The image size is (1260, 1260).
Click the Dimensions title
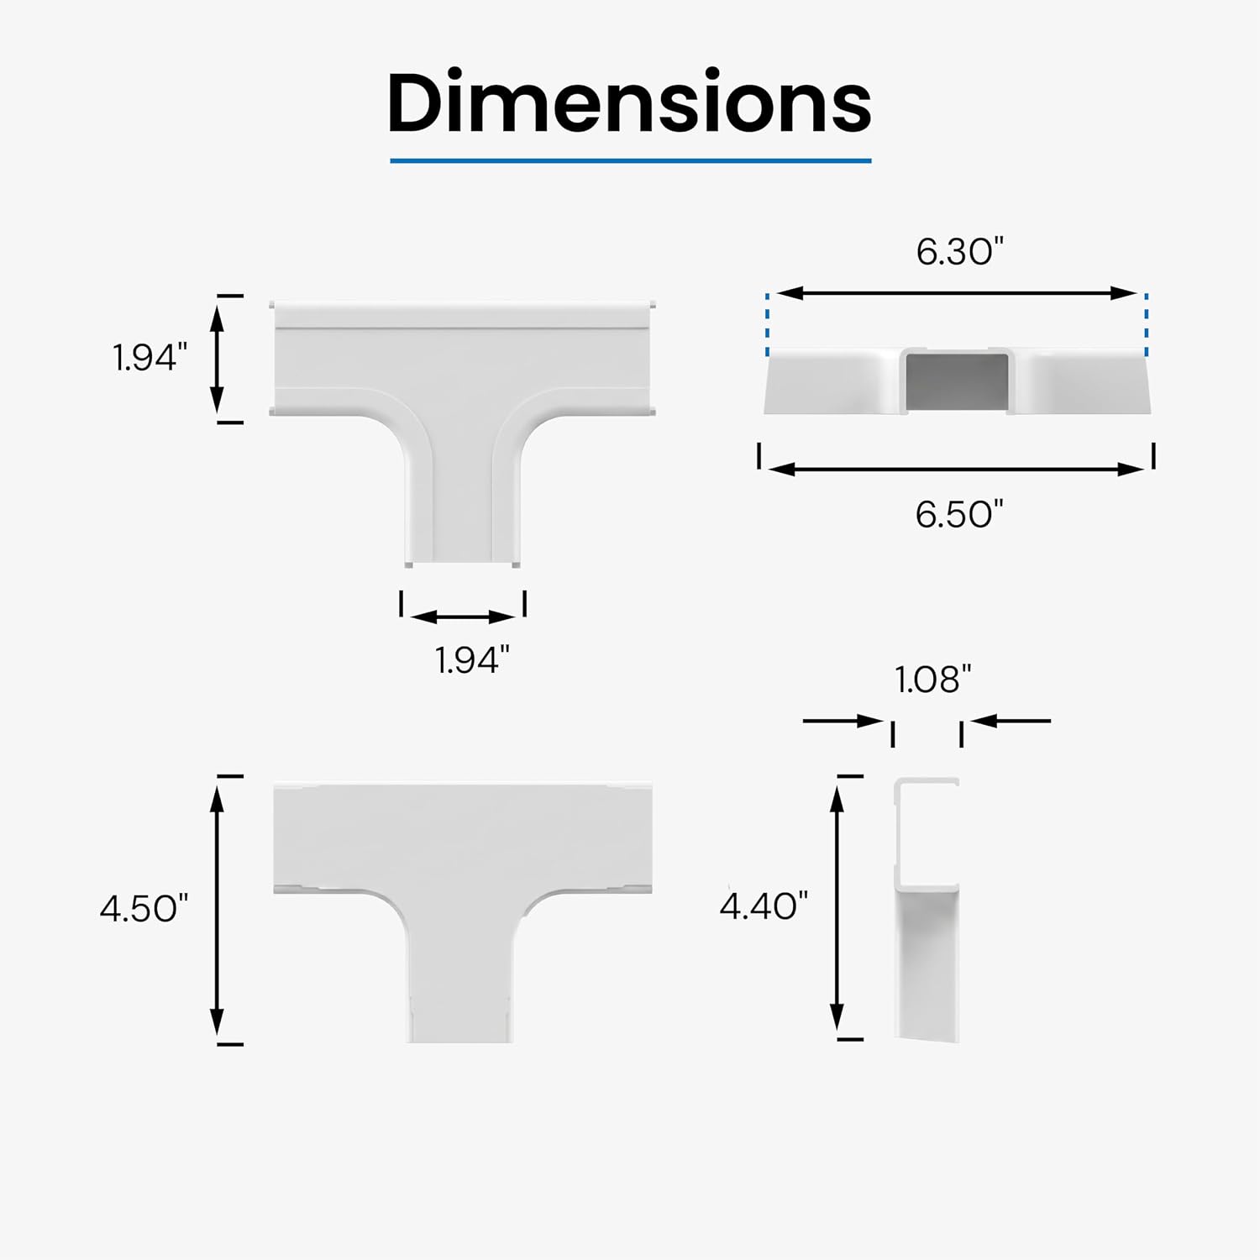(x=629, y=102)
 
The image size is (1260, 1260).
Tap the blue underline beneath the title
(x=631, y=160)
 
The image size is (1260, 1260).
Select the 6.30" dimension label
(x=959, y=252)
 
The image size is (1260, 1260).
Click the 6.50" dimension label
(x=959, y=514)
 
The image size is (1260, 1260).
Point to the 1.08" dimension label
(x=932, y=680)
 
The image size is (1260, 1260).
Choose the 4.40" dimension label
(x=764, y=906)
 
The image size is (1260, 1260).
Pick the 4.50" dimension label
(x=144, y=909)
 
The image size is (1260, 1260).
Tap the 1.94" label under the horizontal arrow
(x=472, y=660)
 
